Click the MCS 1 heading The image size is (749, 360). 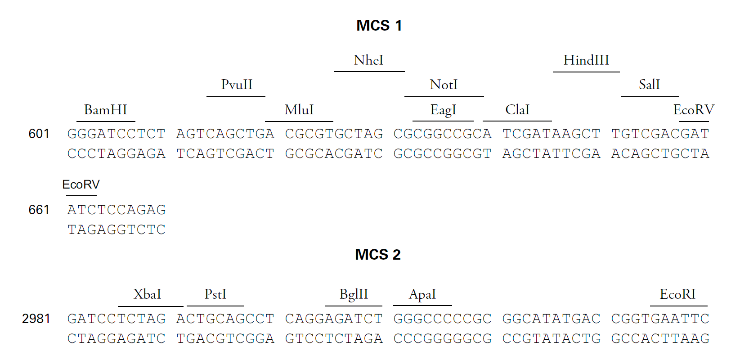(x=379, y=26)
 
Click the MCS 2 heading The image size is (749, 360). (x=377, y=255)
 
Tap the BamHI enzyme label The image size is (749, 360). (x=106, y=110)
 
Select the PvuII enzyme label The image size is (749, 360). (x=237, y=85)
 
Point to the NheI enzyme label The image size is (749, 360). (x=368, y=60)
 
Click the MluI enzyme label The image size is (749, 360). (x=299, y=110)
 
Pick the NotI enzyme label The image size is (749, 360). (x=444, y=85)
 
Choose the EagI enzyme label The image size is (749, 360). (x=443, y=110)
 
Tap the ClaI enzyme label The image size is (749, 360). (x=517, y=110)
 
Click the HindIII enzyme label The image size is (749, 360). (x=586, y=60)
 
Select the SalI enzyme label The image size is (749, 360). (x=650, y=85)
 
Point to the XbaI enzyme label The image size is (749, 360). (x=147, y=294)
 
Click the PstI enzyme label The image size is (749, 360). (x=215, y=294)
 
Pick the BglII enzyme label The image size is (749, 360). (x=354, y=294)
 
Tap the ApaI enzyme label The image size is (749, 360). (x=422, y=294)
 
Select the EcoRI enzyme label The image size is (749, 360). (x=677, y=294)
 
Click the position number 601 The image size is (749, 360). (x=39, y=134)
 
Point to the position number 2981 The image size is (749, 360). (x=36, y=319)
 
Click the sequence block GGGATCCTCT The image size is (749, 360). (x=117, y=134)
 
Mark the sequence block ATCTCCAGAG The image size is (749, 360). (x=117, y=210)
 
